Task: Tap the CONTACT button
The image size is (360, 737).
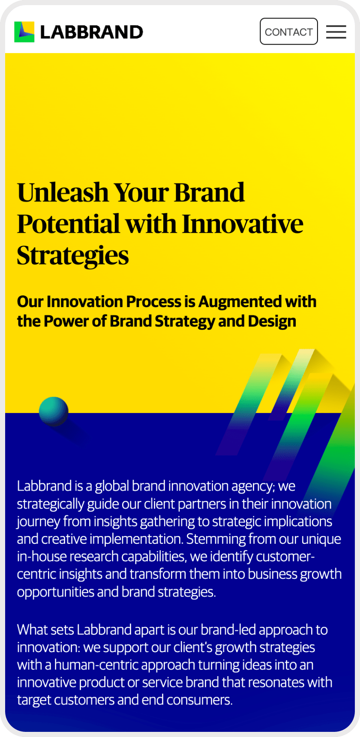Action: (x=289, y=31)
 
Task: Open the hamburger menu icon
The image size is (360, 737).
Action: (x=336, y=32)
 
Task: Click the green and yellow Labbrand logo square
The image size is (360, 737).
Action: (x=24, y=32)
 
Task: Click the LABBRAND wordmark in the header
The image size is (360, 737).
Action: (x=92, y=32)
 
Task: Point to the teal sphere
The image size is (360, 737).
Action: (x=54, y=411)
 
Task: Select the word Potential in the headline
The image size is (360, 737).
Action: (x=69, y=224)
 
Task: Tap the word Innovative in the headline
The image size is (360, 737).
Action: (x=243, y=224)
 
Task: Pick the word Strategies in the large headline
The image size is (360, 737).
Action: (x=73, y=256)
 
